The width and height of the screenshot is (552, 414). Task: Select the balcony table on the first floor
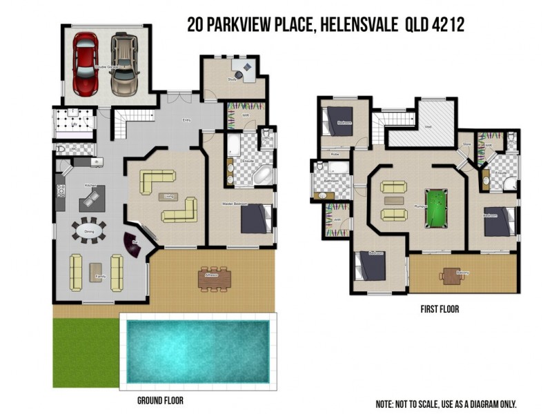point(450,275)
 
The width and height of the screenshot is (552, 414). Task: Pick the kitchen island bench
point(90,199)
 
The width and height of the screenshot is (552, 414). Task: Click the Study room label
point(232,81)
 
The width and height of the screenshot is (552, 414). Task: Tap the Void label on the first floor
point(428,127)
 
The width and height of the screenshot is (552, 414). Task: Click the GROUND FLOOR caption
point(160,400)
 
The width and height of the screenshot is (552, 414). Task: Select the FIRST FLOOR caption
point(440,310)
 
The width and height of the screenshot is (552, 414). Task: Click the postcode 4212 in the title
point(448,25)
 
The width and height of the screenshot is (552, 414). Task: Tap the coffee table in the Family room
point(96,268)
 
